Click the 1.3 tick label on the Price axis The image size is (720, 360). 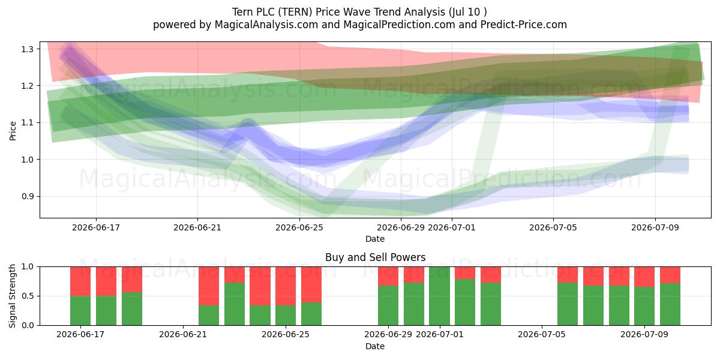pyautogui.click(x=28, y=49)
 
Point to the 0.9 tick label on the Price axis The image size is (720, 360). pyautogui.click(x=28, y=196)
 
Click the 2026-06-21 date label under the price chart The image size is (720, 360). pyautogui.click(x=197, y=227)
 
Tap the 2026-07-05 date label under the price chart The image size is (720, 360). pyautogui.click(x=553, y=227)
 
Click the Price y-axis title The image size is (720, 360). pyautogui.click(x=13, y=131)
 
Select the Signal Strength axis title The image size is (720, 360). pyautogui.click(x=12, y=296)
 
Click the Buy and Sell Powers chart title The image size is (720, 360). pyautogui.click(x=375, y=257)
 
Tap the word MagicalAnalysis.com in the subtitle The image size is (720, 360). pyautogui.click(x=266, y=25)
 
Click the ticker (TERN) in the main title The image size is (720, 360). pyautogui.click(x=295, y=12)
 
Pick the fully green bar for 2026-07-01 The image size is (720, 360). pyautogui.click(x=439, y=296)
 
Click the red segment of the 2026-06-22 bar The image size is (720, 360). pyautogui.click(x=209, y=286)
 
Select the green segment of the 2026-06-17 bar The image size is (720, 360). pyautogui.click(x=80, y=311)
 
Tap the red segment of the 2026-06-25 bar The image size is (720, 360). pyautogui.click(x=286, y=286)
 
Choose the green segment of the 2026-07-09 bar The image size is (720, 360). pyautogui.click(x=644, y=306)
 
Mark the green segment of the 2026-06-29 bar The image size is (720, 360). pyautogui.click(x=388, y=305)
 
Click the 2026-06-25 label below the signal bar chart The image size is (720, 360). pyautogui.click(x=286, y=335)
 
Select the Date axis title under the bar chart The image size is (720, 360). pyautogui.click(x=375, y=346)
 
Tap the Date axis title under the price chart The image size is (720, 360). pyautogui.click(x=375, y=239)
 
